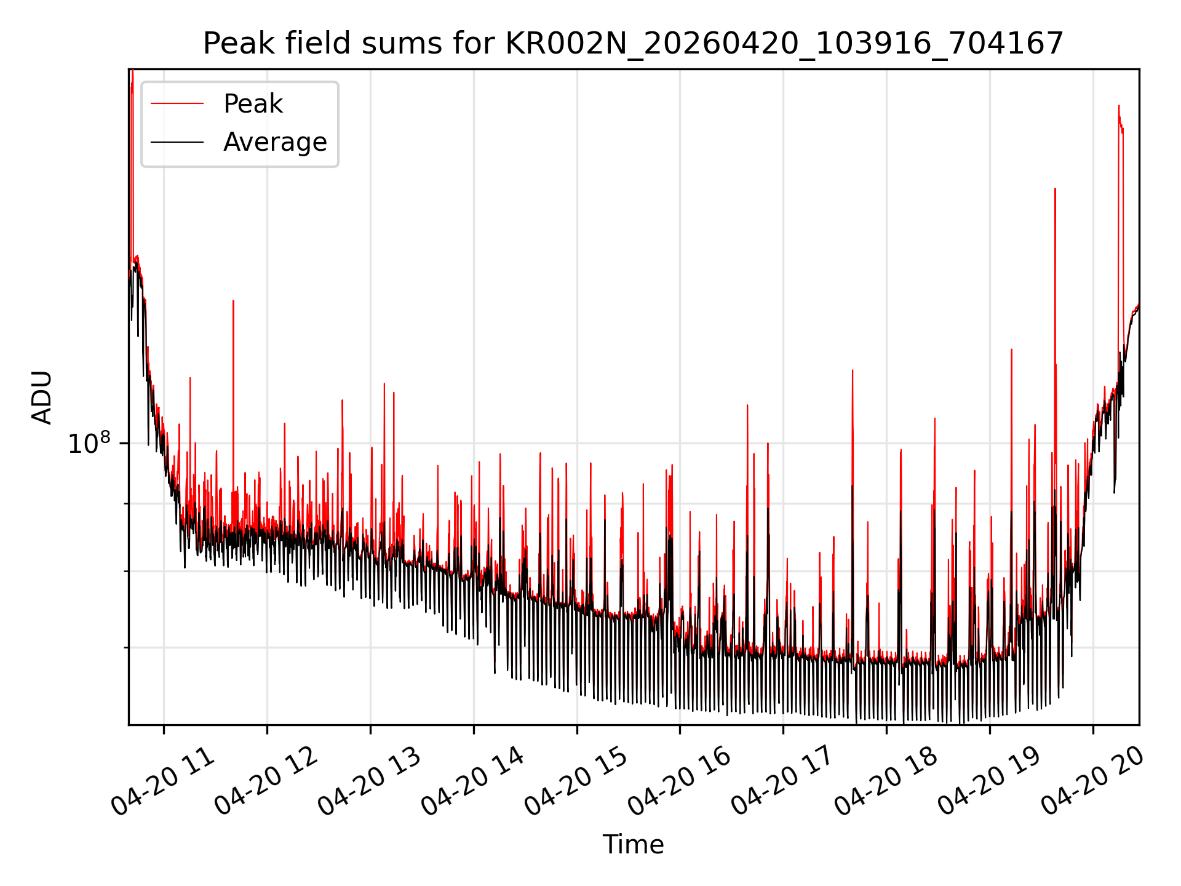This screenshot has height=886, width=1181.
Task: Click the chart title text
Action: pos(633,44)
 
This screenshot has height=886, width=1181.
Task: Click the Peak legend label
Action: pos(253,104)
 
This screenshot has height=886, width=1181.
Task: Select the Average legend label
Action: pos(275,142)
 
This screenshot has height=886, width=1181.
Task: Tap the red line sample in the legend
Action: pos(177,104)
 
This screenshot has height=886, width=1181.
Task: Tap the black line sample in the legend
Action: pos(177,142)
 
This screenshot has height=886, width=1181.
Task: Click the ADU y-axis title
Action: pos(42,397)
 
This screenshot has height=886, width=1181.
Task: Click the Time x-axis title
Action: pos(633,845)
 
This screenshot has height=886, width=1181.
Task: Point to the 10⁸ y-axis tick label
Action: pos(89,443)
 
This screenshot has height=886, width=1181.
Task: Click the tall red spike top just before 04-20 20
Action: pos(1119,106)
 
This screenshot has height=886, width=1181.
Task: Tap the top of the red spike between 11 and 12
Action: pos(233,301)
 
